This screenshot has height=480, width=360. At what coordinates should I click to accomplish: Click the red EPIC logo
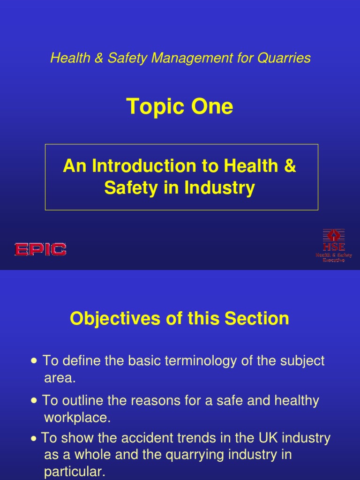point(40,249)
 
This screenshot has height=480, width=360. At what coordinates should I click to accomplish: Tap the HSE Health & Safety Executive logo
point(333,245)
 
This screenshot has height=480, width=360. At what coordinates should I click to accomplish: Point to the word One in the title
point(211,107)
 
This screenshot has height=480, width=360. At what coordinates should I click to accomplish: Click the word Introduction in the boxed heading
point(140,166)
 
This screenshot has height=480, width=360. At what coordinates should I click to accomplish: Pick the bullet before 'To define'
point(34,361)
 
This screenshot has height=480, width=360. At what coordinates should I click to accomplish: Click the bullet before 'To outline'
point(34,401)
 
